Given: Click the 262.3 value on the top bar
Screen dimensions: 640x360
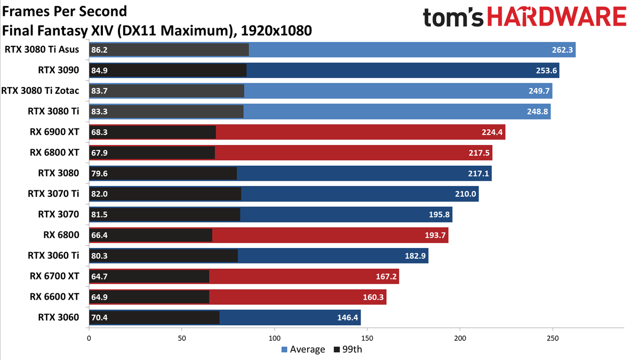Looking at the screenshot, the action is [562, 50].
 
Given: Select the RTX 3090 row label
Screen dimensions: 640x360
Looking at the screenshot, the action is [59, 70].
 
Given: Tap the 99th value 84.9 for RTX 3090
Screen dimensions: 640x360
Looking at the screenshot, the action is [99, 70].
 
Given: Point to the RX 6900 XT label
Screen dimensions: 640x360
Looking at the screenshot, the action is [54, 132].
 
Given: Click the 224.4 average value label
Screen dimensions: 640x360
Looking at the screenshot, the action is [492, 132].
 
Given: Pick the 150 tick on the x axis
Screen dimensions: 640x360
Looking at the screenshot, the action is [367, 339].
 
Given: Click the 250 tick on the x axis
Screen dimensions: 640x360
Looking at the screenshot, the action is [553, 339].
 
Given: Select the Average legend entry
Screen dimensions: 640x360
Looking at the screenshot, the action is [303, 349].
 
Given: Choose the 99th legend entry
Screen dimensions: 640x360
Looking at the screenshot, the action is [348, 349].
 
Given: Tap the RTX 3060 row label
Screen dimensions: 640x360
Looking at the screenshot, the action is [59, 317].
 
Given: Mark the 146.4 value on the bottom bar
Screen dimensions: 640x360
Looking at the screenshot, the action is [347, 318].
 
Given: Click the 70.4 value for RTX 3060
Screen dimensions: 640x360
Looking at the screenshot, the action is [99, 318].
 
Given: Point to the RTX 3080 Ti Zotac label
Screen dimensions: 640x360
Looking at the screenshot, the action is [41, 91].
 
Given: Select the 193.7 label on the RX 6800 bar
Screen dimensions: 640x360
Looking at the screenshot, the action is [435, 235].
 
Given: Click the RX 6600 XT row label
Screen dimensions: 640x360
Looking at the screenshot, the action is [54, 297].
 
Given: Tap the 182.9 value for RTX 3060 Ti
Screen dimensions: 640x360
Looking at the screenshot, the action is [415, 255].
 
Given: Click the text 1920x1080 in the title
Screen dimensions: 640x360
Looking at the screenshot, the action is [276, 30].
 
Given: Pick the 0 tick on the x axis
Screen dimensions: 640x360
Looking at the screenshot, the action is [89, 339].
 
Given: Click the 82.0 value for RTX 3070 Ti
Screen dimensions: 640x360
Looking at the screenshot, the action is [99, 194].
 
